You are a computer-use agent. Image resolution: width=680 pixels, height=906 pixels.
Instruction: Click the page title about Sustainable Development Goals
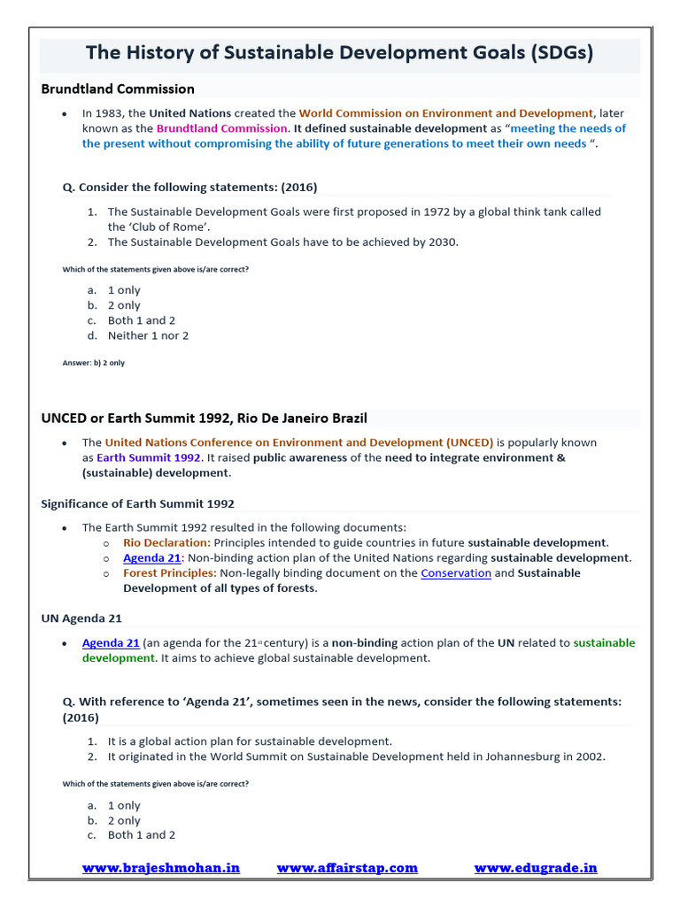coord(339,53)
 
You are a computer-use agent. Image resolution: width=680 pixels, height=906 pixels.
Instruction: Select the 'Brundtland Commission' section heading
coord(118,88)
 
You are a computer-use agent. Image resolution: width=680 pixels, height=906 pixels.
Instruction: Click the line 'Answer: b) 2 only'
coord(94,363)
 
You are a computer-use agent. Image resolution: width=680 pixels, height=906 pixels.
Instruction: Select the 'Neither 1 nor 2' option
coord(148,335)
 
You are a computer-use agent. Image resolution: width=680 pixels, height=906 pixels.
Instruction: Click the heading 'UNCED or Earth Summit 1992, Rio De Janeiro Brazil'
coord(204,418)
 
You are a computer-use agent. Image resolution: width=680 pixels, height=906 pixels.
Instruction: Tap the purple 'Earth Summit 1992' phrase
coord(149,457)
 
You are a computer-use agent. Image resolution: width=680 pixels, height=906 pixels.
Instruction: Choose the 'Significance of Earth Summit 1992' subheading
coord(137,503)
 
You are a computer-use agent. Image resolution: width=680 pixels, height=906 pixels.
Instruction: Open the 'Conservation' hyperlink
coord(456,572)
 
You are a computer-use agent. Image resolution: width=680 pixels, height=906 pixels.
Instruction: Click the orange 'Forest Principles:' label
coord(170,572)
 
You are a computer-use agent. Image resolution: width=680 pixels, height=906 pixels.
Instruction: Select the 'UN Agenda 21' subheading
coord(81,618)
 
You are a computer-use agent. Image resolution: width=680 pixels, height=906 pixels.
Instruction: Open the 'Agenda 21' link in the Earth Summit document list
coord(151,557)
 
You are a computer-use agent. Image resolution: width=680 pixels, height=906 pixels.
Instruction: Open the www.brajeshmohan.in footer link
coord(161,868)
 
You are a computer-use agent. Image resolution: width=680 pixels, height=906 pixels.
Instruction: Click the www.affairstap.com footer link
coord(347,868)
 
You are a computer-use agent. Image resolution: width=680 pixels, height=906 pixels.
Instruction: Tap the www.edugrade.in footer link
coord(536,868)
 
